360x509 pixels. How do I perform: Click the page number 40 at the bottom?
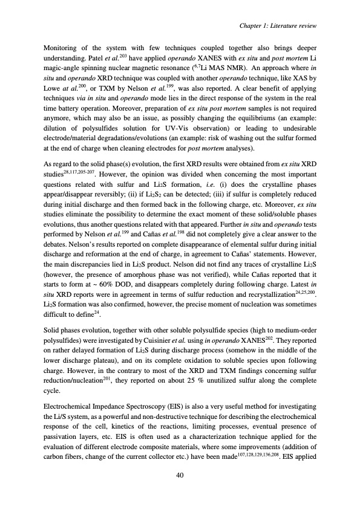pyautogui.click(x=180, y=476)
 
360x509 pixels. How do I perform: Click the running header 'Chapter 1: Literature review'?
pyautogui.click(x=278, y=24)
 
